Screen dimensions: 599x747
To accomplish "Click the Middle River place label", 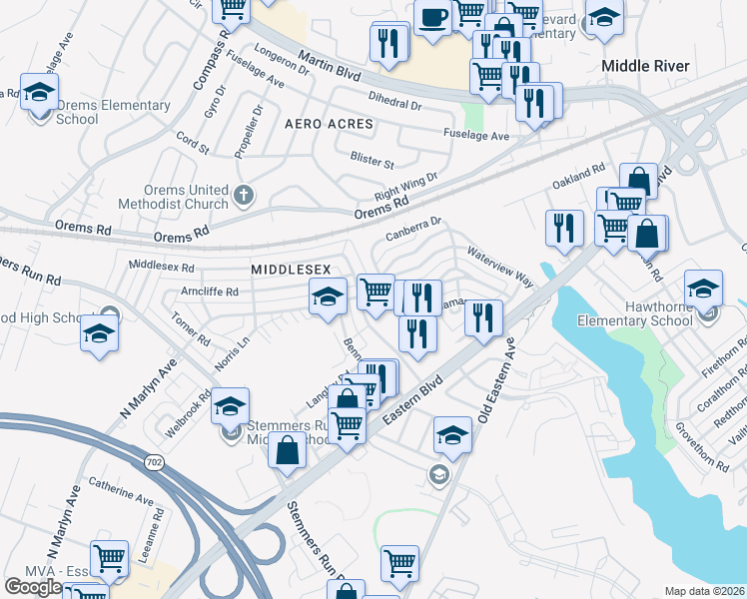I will coord(646,65).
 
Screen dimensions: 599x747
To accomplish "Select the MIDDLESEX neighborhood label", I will coord(291,270).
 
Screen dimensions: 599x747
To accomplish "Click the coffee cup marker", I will coord(432,18).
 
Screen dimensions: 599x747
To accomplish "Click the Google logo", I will coord(33,586).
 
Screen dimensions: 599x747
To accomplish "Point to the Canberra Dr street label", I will coord(412,231).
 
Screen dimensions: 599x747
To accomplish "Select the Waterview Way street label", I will coord(499,269).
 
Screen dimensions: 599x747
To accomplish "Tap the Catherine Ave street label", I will coord(120,492).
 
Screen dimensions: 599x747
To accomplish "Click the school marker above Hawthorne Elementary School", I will coord(703,288).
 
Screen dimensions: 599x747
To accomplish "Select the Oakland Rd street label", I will coord(579,179).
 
